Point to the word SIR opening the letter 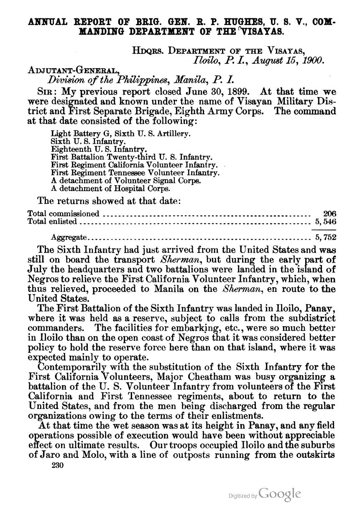point(46,92)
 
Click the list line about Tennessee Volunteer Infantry point(135,172)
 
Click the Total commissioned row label point(64,214)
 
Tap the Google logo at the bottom point(280,493)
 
